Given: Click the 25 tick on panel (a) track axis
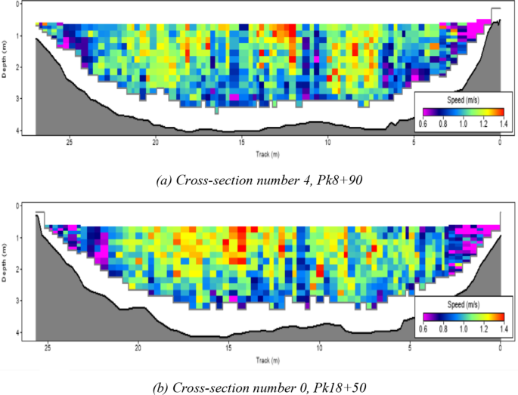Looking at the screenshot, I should (70, 140).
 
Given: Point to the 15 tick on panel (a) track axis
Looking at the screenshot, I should (241, 140).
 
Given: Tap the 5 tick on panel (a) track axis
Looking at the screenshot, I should (414, 140).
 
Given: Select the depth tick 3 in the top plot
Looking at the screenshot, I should (17, 99).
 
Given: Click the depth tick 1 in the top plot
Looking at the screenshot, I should (17, 35).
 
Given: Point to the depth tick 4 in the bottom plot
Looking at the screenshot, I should (18, 332).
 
